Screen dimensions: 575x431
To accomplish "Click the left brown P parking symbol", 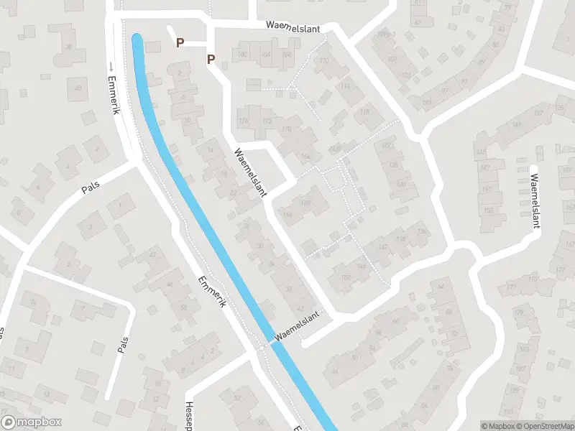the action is pyautogui.click(x=180, y=43).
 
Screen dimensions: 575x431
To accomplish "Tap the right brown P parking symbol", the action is pyautogui.click(x=211, y=59).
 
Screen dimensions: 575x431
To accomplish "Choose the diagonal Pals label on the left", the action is pyautogui.click(x=91, y=187).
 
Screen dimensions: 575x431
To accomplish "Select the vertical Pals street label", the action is pyautogui.click(x=122, y=346).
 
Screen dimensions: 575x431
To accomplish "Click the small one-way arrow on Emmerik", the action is pyautogui.click(x=111, y=68).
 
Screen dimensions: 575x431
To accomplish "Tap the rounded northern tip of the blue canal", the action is pyautogui.click(x=137, y=38).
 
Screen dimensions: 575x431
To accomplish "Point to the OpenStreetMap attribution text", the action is pyautogui.click(x=544, y=426).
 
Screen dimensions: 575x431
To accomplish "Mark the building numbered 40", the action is pyautogui.click(x=78, y=89).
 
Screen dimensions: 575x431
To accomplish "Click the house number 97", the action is pyautogui.click(x=445, y=91).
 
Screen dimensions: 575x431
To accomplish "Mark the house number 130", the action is pyautogui.click(x=401, y=185).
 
